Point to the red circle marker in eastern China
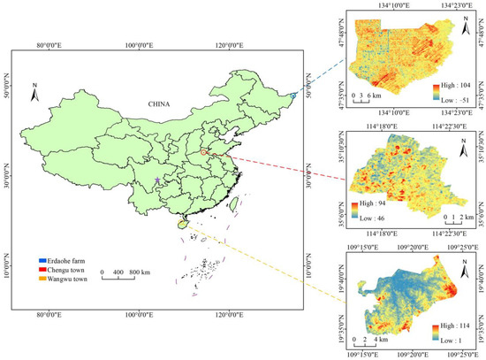click(204, 153)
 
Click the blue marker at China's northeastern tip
click(293, 96)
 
